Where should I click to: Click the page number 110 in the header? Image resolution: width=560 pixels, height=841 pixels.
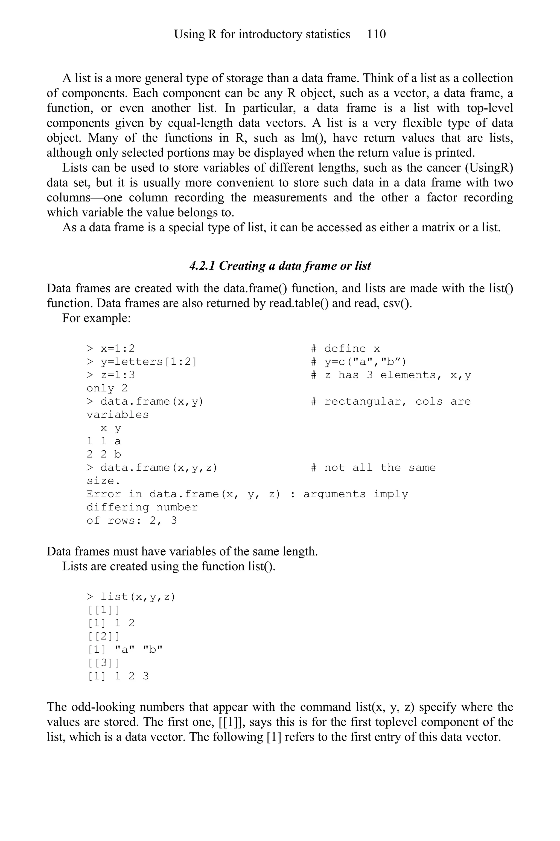[x=376, y=34]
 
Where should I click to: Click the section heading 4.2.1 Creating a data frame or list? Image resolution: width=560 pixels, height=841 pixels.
[x=280, y=266]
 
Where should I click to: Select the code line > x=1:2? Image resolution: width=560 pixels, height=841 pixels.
[x=111, y=348]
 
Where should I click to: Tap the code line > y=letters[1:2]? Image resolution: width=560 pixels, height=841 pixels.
[x=141, y=361]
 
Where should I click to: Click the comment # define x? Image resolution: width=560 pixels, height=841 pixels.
[x=345, y=348]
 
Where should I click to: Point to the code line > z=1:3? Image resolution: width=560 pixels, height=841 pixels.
[x=111, y=375]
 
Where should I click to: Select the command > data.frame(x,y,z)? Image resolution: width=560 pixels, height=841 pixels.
[x=152, y=467]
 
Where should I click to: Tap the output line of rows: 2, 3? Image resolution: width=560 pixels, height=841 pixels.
[x=132, y=520]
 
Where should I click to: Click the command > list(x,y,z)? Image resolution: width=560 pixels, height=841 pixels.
[x=131, y=597]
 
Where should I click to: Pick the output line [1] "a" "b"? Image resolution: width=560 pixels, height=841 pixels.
[x=125, y=649]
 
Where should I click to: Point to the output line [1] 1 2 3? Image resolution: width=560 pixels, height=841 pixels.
[x=118, y=676]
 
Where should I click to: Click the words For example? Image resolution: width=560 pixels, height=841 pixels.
[x=97, y=318]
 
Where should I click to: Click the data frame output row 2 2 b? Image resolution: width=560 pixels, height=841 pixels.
[x=104, y=454]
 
